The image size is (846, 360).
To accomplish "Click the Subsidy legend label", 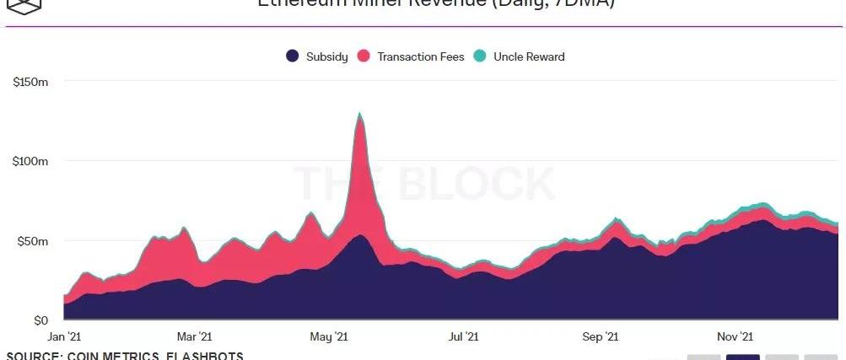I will [x=326, y=56].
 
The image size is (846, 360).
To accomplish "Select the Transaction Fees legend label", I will [x=420, y=56].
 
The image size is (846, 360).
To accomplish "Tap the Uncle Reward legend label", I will [x=529, y=56].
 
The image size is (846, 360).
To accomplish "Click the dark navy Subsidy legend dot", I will [x=292, y=56].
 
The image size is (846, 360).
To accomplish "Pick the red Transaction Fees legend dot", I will [x=364, y=56].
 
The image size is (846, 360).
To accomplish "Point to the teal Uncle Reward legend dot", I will [x=480, y=56].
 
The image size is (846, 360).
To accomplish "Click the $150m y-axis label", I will [x=31, y=82].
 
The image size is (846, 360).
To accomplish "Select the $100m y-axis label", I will [x=31, y=161].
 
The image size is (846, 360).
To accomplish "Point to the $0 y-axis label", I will [x=40, y=320].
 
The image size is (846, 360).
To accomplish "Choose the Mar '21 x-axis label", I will [x=194, y=336].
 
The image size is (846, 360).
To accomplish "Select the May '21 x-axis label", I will [x=328, y=336].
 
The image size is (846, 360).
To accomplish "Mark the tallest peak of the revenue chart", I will [x=360, y=114].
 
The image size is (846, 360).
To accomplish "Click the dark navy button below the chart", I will [x=742, y=357].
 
